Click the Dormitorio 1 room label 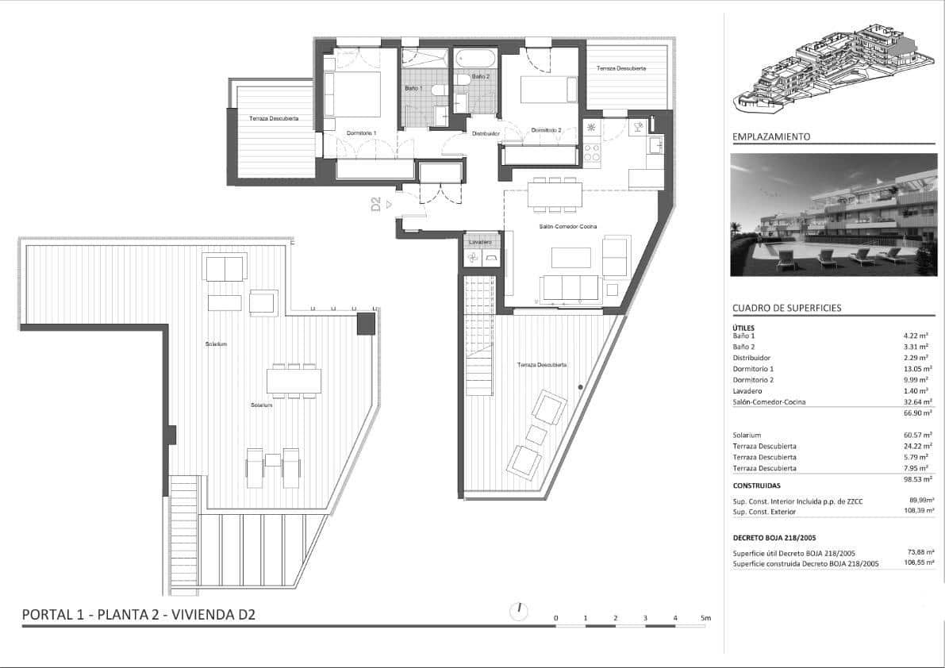click(361, 132)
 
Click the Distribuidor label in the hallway click(486, 133)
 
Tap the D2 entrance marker click(377, 205)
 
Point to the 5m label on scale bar click(705, 617)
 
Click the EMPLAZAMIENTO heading click(771, 136)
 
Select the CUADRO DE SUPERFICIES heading click(786, 308)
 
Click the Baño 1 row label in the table click(744, 336)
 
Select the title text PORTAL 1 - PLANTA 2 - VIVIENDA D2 click(139, 614)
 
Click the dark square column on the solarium click(365, 323)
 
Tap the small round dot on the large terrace click(581, 387)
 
